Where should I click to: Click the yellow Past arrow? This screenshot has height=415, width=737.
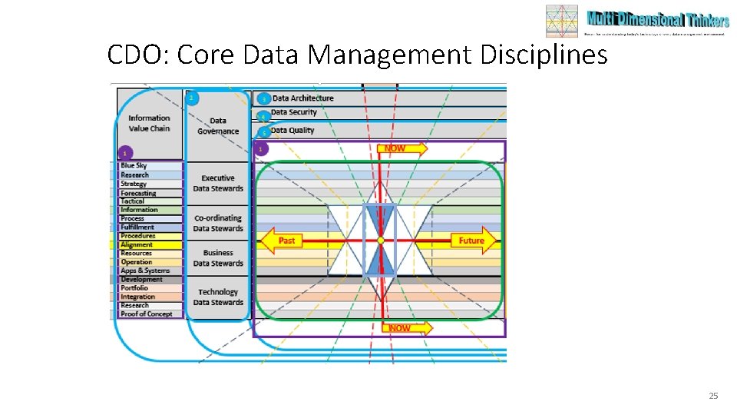point(282,241)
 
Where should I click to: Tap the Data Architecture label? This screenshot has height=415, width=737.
point(302,98)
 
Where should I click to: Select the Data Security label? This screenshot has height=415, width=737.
point(294,113)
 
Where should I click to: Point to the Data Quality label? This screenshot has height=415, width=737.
point(292,131)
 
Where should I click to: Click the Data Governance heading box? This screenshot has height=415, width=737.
point(218,126)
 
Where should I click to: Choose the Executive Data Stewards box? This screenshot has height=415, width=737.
point(218,183)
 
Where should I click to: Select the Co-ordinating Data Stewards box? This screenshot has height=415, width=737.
point(218,223)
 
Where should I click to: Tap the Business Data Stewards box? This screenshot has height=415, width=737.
point(218,257)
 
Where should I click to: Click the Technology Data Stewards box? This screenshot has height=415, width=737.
point(218,297)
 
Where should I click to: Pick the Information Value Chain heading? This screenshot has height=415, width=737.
point(149,123)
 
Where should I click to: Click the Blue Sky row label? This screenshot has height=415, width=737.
point(134,166)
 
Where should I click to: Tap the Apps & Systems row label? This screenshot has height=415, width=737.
point(145,271)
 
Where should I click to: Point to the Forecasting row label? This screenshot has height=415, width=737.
point(138,193)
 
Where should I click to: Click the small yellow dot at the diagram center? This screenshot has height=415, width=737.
point(381,241)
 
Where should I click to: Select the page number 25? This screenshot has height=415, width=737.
point(713,396)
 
